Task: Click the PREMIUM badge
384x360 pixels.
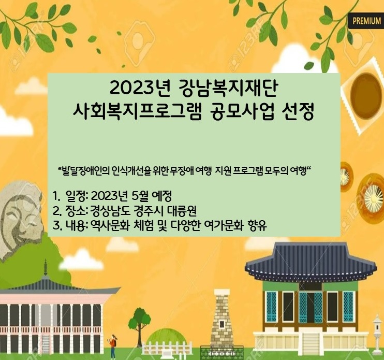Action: coord(366,21)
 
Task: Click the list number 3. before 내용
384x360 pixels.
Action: coord(57,225)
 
